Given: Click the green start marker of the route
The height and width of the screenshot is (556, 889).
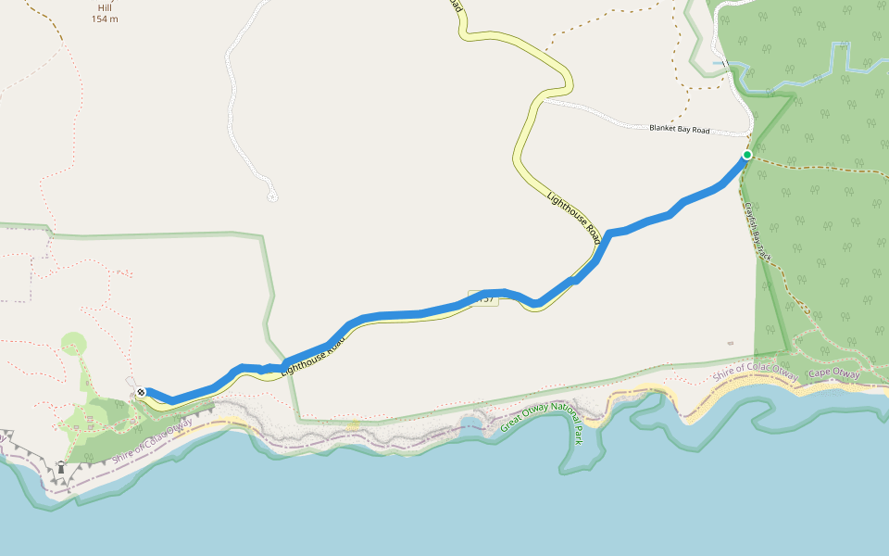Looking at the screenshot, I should (747, 155).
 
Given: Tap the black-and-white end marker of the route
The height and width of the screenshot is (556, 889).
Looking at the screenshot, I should (140, 393).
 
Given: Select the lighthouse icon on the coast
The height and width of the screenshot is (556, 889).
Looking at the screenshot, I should (61, 468).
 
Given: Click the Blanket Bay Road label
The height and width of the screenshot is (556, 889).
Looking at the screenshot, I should (679, 130).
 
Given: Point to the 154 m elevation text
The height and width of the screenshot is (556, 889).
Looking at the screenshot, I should (105, 19).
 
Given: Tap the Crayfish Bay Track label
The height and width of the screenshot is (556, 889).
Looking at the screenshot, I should (758, 231).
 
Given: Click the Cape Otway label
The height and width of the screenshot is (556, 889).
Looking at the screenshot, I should (833, 373).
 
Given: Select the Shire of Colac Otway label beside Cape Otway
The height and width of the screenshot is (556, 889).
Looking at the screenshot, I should (756, 374).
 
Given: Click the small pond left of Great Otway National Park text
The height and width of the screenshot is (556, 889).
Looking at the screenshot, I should (470, 424).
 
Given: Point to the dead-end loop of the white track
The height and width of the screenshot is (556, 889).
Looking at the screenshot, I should (272, 196).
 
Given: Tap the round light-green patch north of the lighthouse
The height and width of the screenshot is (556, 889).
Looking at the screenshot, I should (73, 344).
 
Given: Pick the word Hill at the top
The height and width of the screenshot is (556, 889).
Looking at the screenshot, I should (105, 7).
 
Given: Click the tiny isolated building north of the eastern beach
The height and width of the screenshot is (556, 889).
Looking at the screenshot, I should (731, 343).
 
